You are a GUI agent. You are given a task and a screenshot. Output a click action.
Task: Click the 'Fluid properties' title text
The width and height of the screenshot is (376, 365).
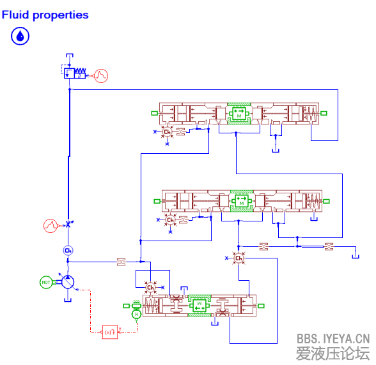point(45,15)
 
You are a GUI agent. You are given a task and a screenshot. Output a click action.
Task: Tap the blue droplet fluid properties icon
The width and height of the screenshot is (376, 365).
point(20,36)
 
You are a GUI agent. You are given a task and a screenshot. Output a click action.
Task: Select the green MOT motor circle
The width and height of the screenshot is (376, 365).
point(46,282)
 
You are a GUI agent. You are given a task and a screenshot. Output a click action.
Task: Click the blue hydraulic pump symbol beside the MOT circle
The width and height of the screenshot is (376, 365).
point(68,282)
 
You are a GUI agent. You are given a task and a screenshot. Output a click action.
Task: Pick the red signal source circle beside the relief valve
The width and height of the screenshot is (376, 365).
point(100,75)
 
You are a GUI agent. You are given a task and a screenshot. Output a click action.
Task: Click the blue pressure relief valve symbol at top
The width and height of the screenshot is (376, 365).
point(75,74)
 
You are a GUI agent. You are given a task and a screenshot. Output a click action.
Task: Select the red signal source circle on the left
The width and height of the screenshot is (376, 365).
point(51,225)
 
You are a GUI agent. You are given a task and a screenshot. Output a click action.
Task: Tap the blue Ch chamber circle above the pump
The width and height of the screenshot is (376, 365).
point(68,250)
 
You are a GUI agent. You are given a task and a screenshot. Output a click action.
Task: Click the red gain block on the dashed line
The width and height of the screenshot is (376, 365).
point(109,331)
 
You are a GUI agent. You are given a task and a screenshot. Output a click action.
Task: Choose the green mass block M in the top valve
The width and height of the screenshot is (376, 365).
point(240,114)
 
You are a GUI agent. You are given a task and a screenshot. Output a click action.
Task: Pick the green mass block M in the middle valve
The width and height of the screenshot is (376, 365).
point(241,200)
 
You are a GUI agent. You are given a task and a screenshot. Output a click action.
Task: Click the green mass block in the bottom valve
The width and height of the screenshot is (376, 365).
point(199,305)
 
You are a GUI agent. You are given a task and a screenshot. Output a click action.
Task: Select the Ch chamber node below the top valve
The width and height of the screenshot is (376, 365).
point(167,132)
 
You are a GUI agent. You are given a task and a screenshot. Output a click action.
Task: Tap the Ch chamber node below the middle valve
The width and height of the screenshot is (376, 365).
point(170,220)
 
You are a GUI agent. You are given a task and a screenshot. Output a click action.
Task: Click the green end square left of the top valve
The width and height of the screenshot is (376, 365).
point(155,114)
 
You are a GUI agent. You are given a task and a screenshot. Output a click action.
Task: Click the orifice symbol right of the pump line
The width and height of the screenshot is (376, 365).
point(121,260)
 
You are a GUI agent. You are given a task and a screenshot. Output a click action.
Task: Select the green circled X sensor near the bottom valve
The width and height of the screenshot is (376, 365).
point(136,314)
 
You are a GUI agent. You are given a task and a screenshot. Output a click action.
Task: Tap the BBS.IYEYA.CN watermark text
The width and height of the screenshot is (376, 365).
point(333,338)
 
